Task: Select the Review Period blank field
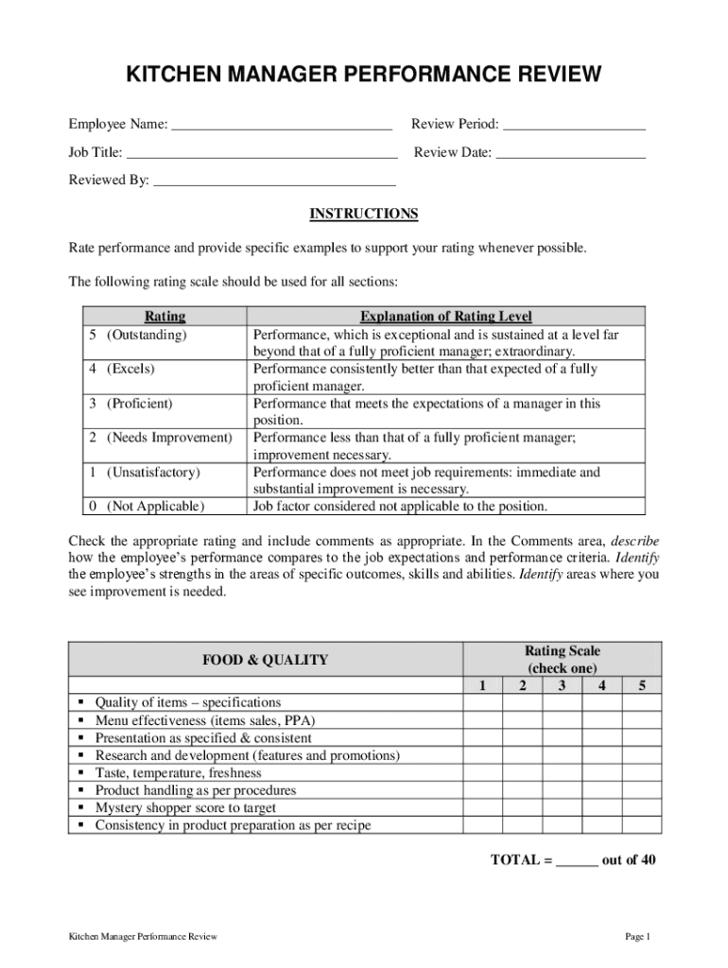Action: pyautogui.click(x=574, y=125)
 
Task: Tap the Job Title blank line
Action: pyautogui.click(x=262, y=153)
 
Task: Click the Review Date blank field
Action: pyautogui.click(x=571, y=153)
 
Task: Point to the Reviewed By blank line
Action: pyautogui.click(x=274, y=181)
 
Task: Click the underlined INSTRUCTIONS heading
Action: pyautogui.click(x=364, y=214)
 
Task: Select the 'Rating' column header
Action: pyautogui.click(x=165, y=317)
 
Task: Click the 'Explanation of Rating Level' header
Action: pyautogui.click(x=446, y=317)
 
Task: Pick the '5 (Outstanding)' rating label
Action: pyautogui.click(x=138, y=335)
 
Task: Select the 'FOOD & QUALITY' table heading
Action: pyautogui.click(x=266, y=660)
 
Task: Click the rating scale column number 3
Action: pyautogui.click(x=562, y=686)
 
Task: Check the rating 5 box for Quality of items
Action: pyautogui.click(x=642, y=703)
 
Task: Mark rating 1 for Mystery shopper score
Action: pyautogui.click(x=482, y=808)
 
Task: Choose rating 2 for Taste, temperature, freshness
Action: pyautogui.click(x=522, y=773)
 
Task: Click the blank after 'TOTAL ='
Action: pyautogui.click(x=577, y=860)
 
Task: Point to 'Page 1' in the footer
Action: pyautogui.click(x=638, y=937)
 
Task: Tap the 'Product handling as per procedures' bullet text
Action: pyautogui.click(x=196, y=790)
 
